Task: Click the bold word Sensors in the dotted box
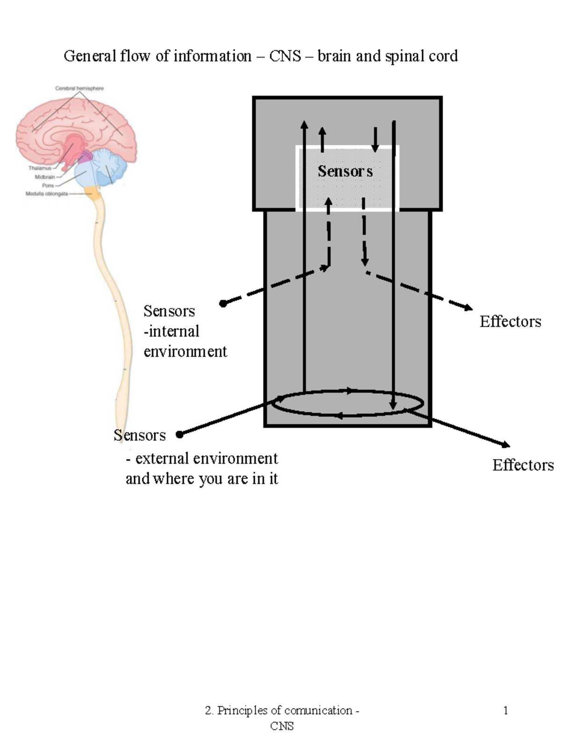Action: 345,171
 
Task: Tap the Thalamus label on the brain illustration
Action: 40,168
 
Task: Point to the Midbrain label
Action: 44,177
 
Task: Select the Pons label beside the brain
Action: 48,186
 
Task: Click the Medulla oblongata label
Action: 47,194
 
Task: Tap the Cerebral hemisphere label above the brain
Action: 79,88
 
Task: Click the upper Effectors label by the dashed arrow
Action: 510,322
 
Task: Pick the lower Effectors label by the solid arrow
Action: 523,465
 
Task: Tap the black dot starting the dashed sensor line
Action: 223,304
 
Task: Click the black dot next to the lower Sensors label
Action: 179,434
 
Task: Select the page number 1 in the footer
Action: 505,711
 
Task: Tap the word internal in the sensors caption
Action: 173,331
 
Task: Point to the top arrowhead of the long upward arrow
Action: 304,124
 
